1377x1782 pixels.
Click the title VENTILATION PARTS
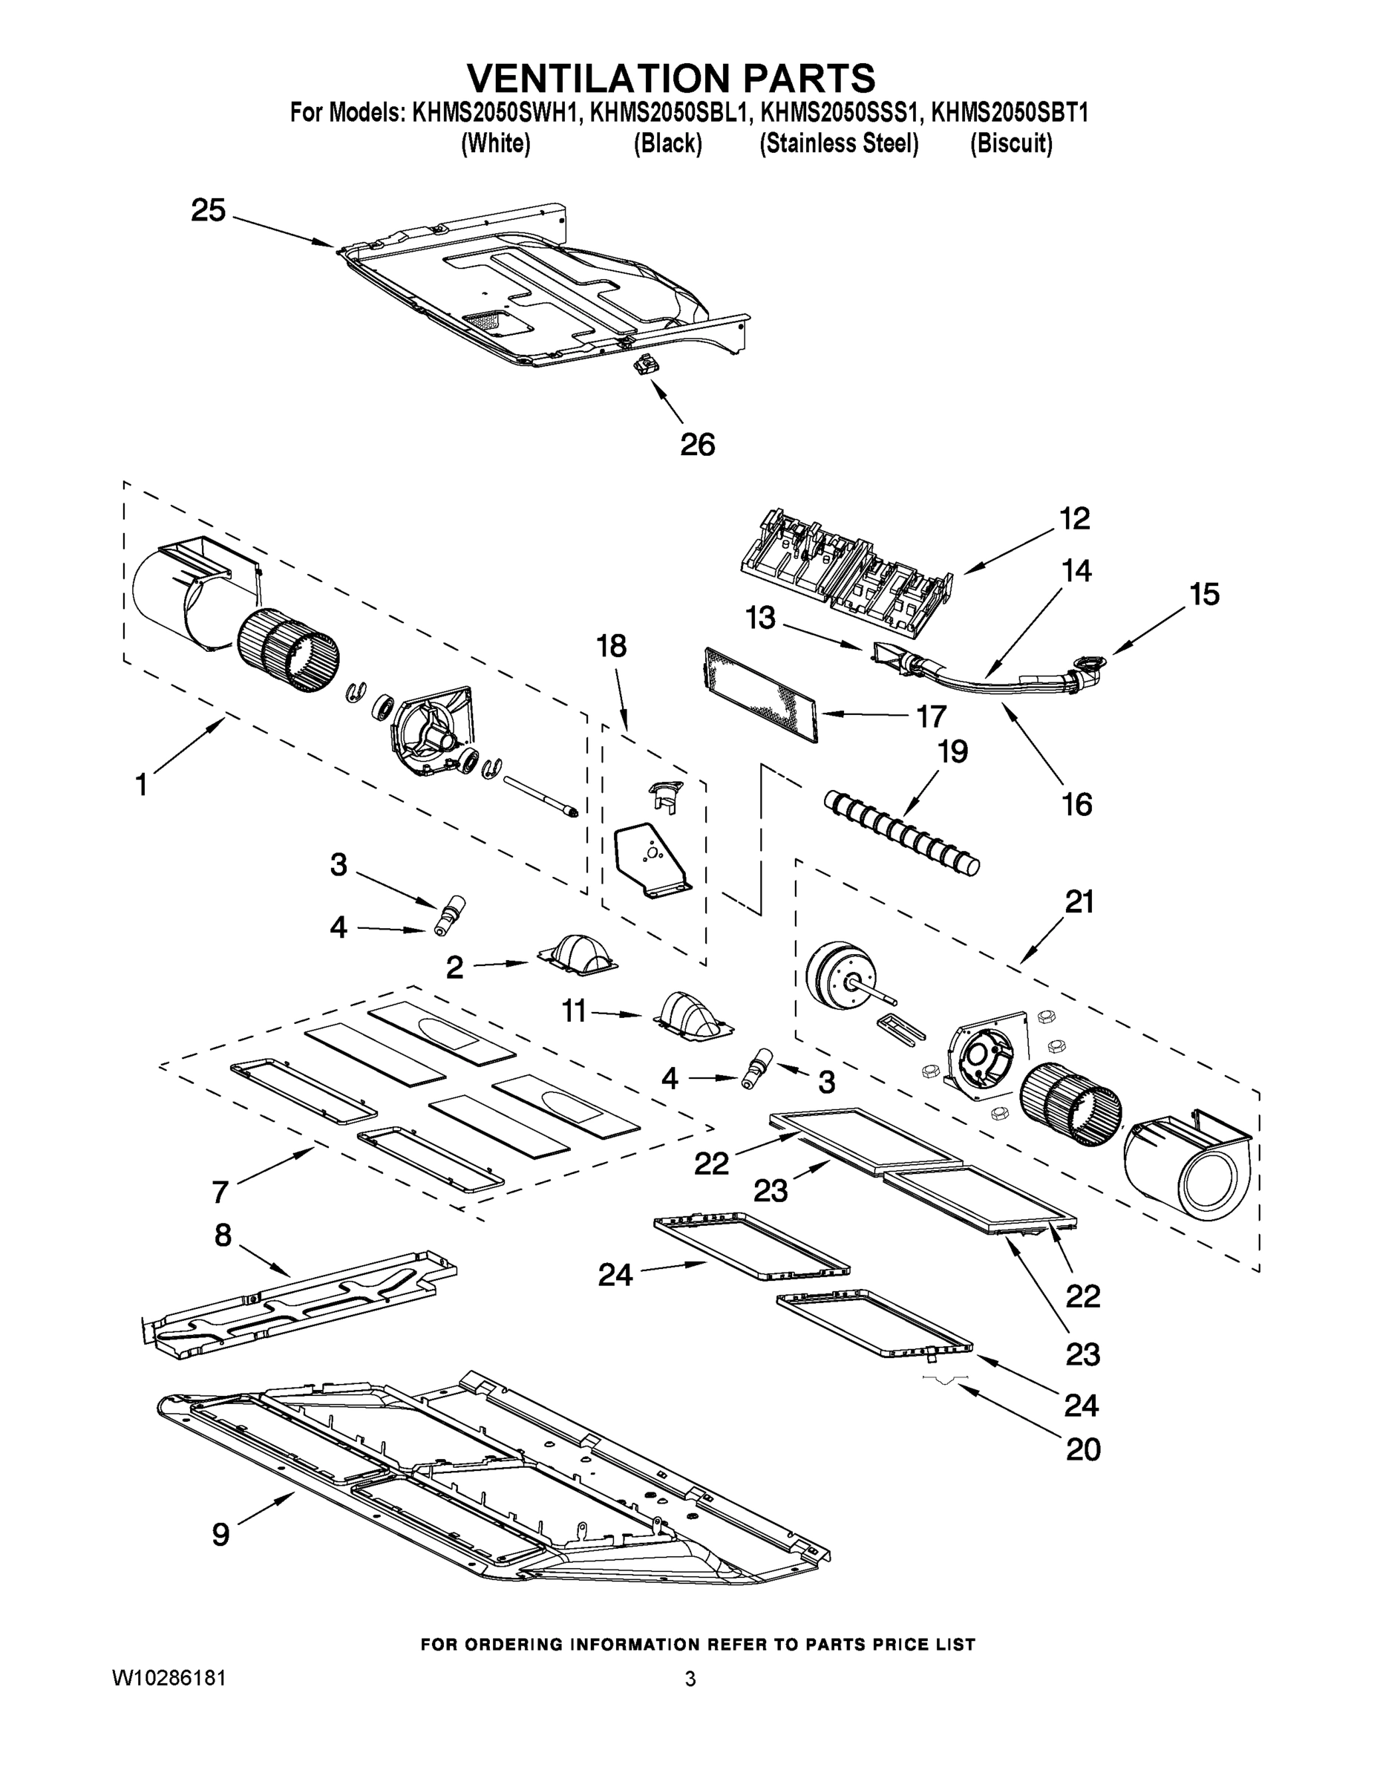tap(670, 78)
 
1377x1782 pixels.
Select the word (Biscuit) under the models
tap(1011, 143)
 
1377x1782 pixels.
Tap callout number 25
tap(208, 211)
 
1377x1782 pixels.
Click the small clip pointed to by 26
tap(645, 366)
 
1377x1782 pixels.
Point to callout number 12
tap(1074, 518)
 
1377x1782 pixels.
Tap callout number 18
tap(611, 646)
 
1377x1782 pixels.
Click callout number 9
tap(220, 1534)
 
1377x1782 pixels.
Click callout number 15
tap(1203, 594)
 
